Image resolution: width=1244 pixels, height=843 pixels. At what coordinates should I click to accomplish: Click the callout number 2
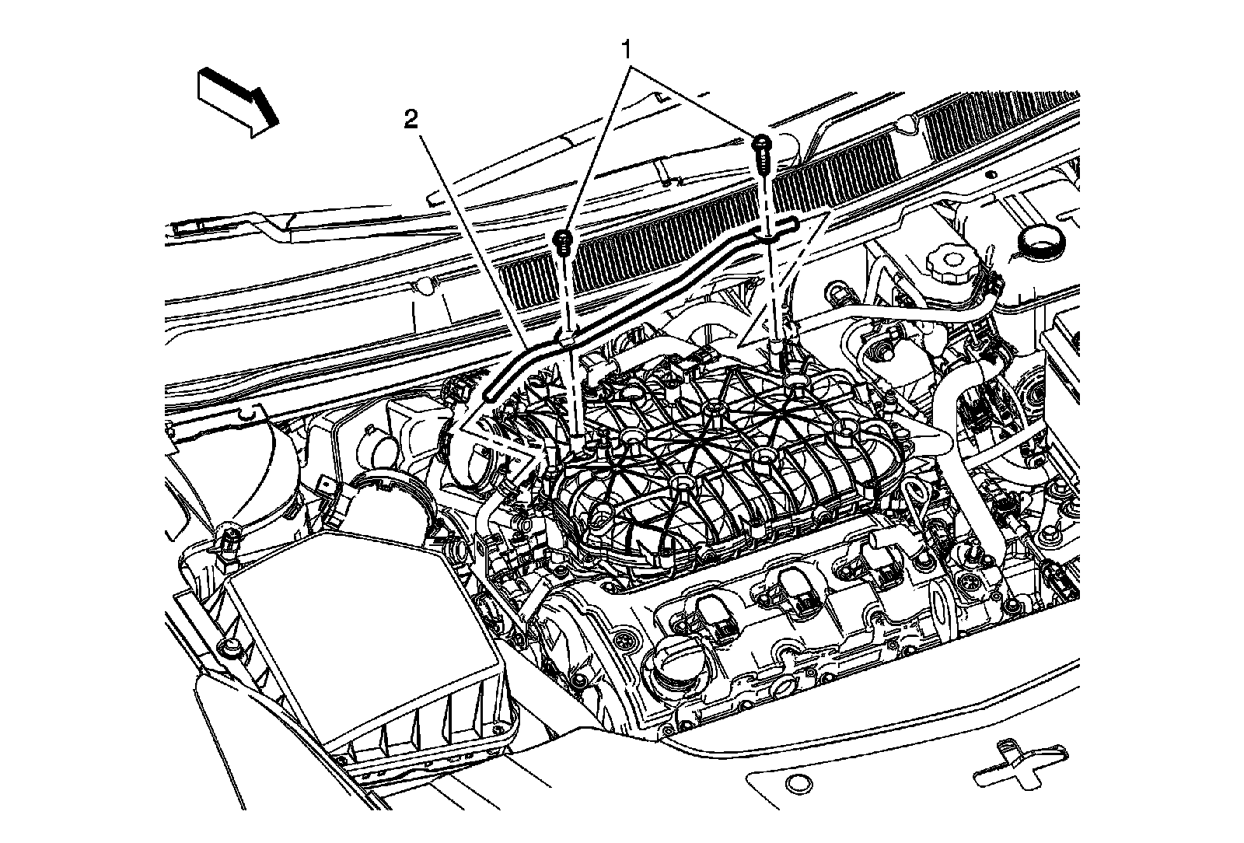coord(411,119)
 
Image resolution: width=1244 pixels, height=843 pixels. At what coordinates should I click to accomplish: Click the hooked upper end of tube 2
coord(785,226)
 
